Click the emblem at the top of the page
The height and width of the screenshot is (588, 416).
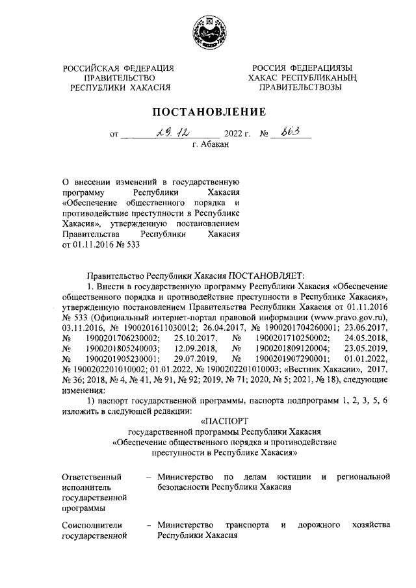pyautogui.click(x=207, y=31)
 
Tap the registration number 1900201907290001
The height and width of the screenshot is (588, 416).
pyautogui.click(x=292, y=358)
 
